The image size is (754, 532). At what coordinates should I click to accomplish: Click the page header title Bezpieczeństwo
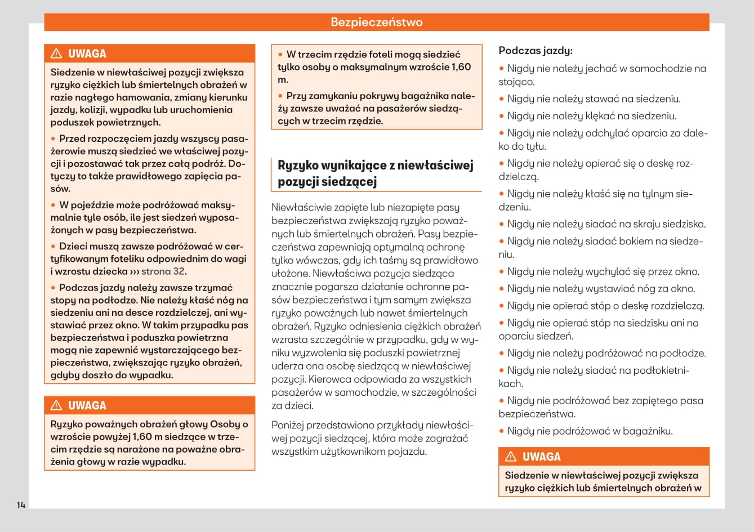click(x=376, y=23)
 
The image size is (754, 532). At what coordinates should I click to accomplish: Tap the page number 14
click(x=21, y=505)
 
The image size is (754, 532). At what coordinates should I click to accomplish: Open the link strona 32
click(x=163, y=271)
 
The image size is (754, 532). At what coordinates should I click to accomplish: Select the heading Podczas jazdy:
click(x=536, y=51)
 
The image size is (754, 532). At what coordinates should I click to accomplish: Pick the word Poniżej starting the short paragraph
click(x=290, y=425)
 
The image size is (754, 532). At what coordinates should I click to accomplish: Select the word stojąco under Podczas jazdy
click(x=516, y=82)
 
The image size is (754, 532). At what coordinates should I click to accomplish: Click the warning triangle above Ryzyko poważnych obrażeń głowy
click(x=56, y=405)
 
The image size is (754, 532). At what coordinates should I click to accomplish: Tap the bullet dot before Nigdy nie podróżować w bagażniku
click(x=502, y=432)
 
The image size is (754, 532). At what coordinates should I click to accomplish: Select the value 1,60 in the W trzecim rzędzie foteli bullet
click(x=461, y=67)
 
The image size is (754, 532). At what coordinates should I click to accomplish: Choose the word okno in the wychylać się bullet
click(x=687, y=272)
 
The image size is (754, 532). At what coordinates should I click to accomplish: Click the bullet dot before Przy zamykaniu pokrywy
click(x=280, y=96)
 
